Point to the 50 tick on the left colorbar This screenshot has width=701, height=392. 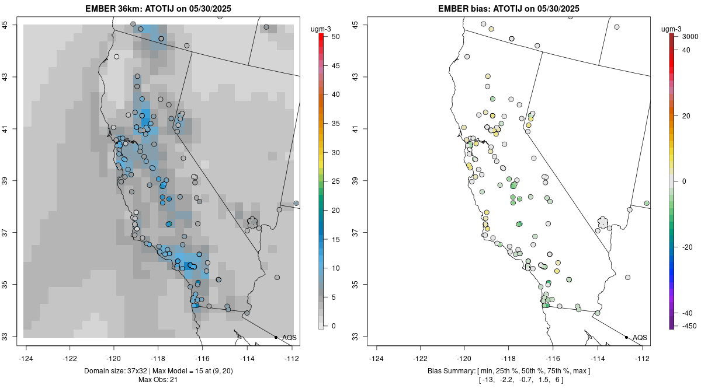pyautogui.click(x=331, y=37)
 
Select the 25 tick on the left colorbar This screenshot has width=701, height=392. pyautogui.click(x=331, y=181)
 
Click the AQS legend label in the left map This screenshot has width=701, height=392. pyautogui.click(x=289, y=337)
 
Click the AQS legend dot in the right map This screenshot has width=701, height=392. pyautogui.click(x=626, y=337)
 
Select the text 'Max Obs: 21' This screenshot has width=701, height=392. pyautogui.click(x=158, y=380)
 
